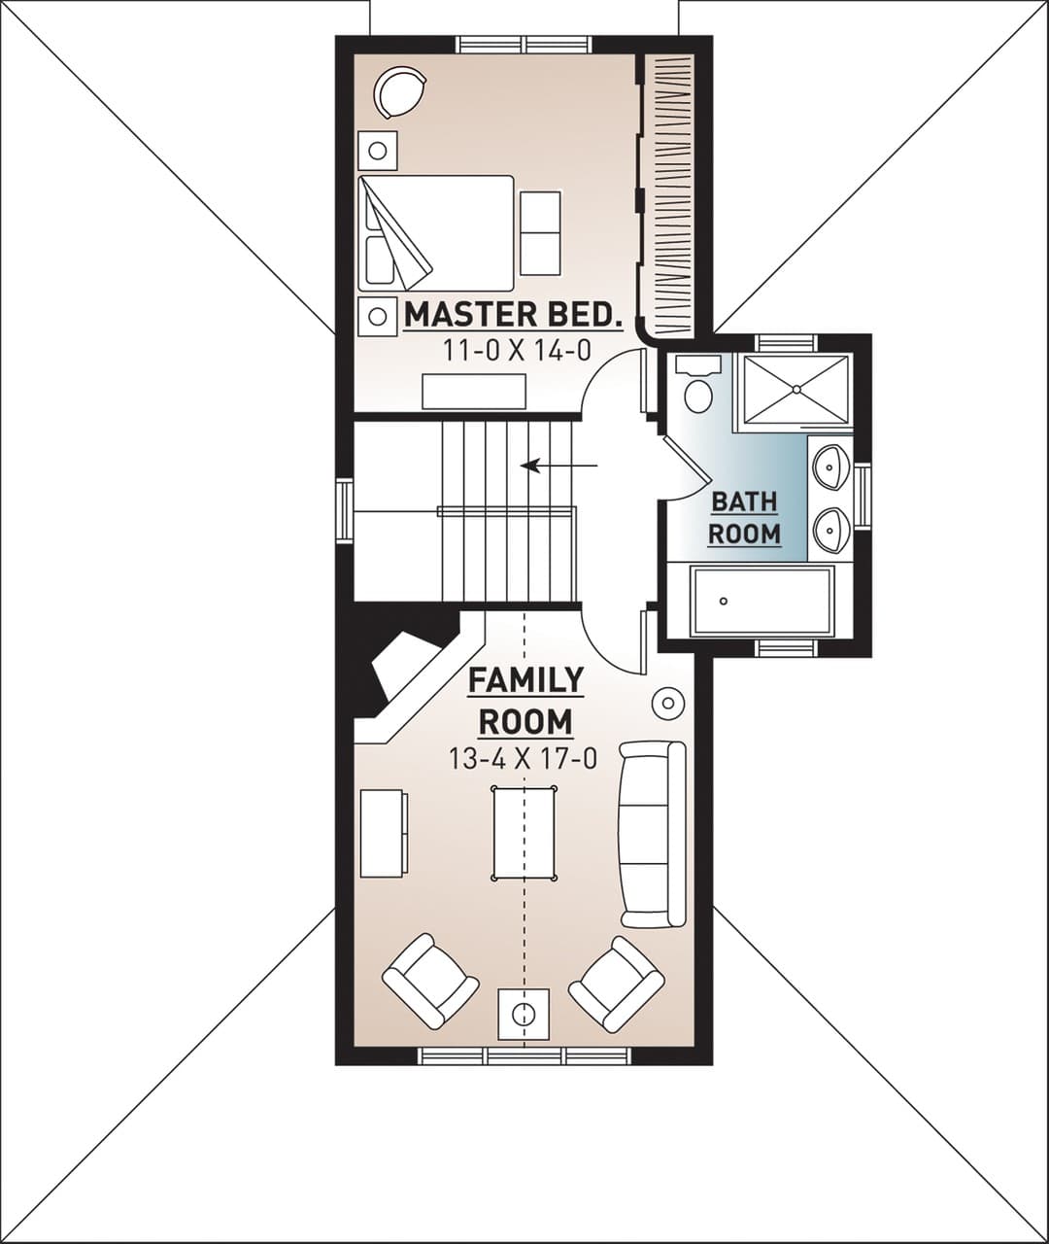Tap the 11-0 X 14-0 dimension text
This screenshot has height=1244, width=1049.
pyautogui.click(x=517, y=350)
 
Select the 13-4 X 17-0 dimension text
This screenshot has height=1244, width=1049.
pyautogui.click(x=523, y=758)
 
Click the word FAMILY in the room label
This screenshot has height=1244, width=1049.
pyautogui.click(x=526, y=680)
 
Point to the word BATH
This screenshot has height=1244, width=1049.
pyautogui.click(x=745, y=502)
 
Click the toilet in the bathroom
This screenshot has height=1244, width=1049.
pyautogui.click(x=698, y=384)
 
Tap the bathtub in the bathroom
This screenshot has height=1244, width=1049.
pyautogui.click(x=761, y=601)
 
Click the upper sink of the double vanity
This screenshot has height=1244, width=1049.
pyautogui.click(x=830, y=467)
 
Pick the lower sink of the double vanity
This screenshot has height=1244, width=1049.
pyautogui.click(x=830, y=528)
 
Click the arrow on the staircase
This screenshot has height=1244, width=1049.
pyautogui.click(x=558, y=465)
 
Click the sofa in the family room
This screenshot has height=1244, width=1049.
pyautogui.click(x=653, y=834)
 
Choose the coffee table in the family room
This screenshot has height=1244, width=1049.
pyautogui.click(x=524, y=833)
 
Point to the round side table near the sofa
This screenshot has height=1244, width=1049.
pyautogui.click(x=667, y=704)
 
